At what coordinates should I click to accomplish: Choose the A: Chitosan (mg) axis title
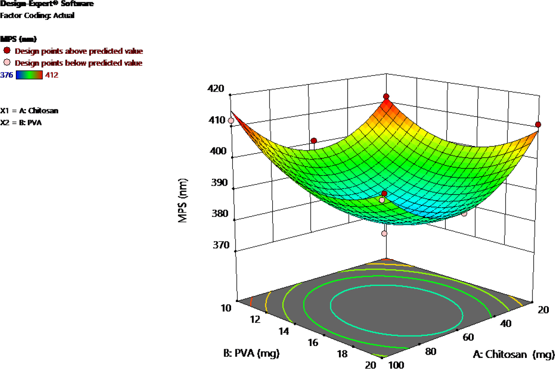pos(513,354)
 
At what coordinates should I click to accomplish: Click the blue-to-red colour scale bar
pos(29,75)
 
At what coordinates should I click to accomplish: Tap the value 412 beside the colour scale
pos(52,75)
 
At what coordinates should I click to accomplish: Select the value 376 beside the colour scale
pos(7,75)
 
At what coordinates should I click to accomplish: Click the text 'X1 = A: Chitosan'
pos(29,110)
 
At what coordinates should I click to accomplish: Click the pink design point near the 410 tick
pos(231,121)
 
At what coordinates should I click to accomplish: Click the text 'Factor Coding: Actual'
pos(37,15)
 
